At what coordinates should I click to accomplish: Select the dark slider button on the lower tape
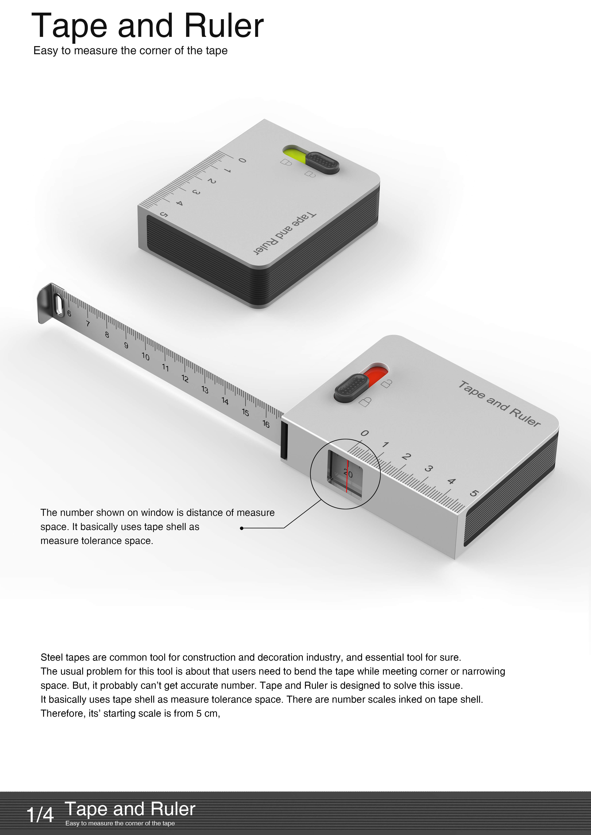point(351,388)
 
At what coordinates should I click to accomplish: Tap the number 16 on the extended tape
point(266,424)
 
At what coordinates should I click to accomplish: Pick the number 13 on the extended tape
point(205,390)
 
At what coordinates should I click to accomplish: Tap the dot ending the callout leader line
point(242,528)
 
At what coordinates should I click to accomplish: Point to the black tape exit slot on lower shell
point(284,440)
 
